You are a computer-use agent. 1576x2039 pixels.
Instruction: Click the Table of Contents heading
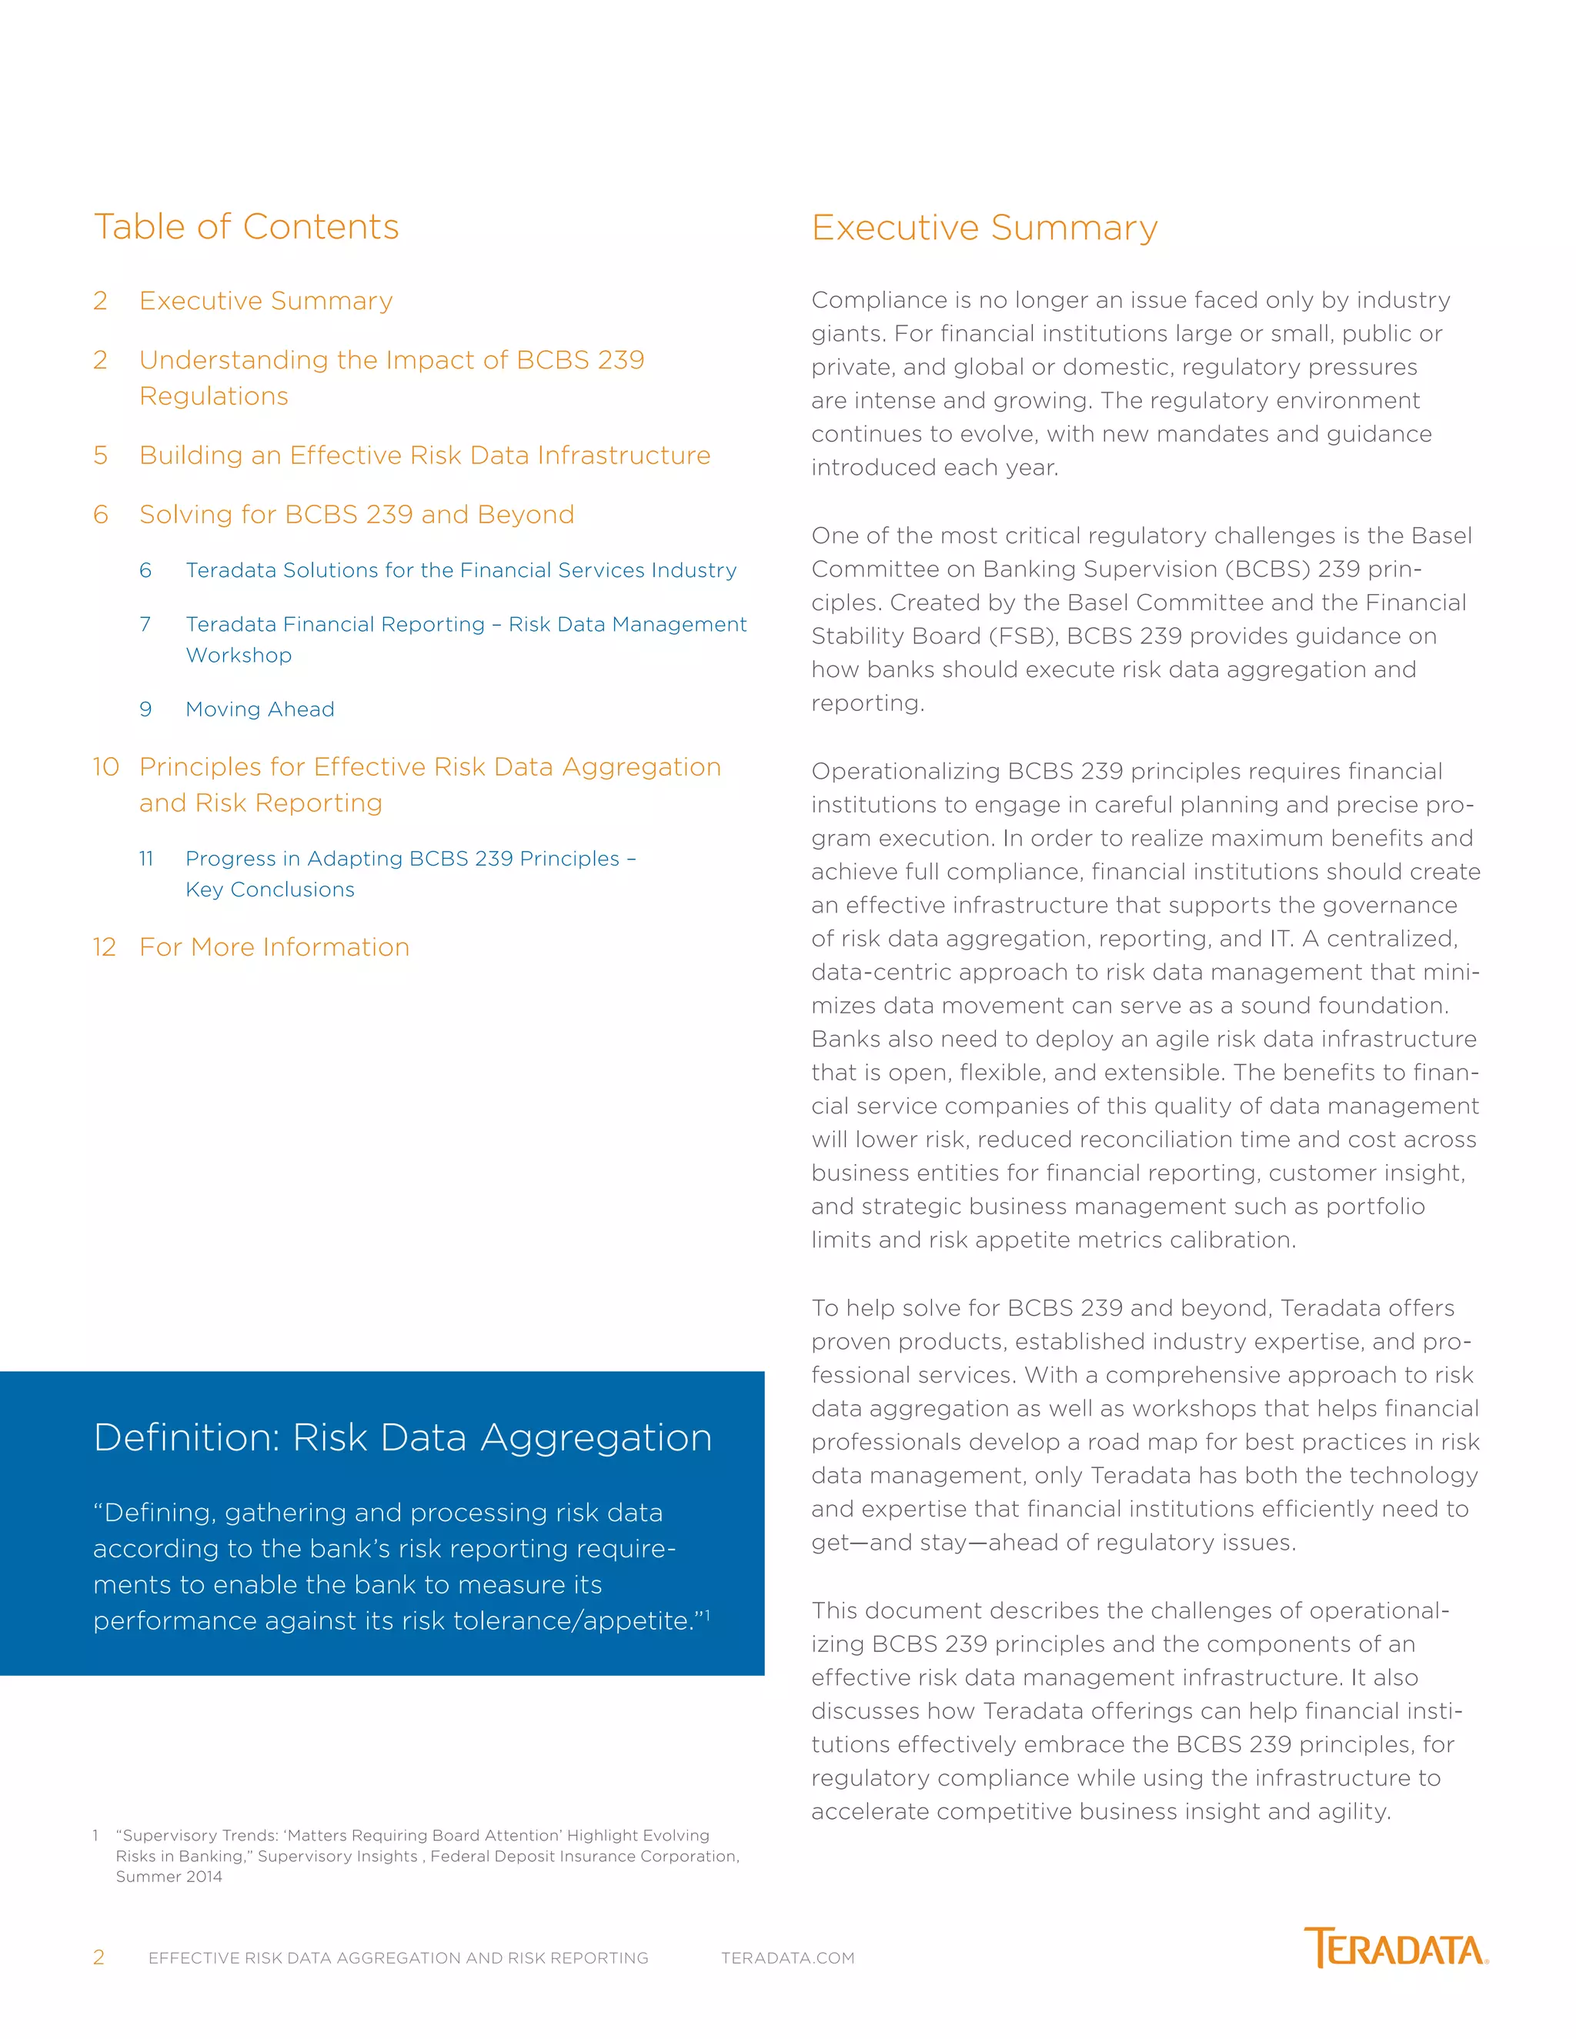pos(245,227)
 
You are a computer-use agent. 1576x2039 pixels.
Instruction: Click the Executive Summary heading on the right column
pos(984,228)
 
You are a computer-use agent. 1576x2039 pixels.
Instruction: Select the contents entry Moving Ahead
pos(259,709)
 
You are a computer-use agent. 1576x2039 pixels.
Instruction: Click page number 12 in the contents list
pos(104,948)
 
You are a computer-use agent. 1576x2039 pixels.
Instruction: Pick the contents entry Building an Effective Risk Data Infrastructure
pos(425,456)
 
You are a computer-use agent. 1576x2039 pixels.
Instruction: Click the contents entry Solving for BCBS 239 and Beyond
pos(356,516)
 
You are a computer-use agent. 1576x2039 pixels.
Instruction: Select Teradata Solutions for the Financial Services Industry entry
pos(460,570)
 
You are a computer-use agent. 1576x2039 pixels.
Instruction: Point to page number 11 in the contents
pos(146,859)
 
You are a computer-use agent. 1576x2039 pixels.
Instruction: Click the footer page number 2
pos(99,1957)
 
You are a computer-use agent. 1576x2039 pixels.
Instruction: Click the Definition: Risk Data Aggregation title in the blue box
pos(402,1438)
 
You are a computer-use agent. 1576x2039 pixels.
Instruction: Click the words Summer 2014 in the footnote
pos(169,1877)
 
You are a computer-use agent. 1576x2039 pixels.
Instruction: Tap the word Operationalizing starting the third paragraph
pos(906,772)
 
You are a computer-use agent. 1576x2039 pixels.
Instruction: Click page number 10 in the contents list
pos(105,767)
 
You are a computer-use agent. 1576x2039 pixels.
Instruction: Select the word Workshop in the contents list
pos(239,656)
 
